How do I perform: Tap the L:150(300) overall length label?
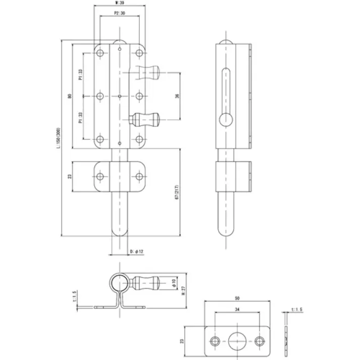click(x=59, y=138)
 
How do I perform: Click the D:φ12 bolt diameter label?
click(x=137, y=251)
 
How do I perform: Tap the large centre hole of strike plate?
click(x=237, y=340)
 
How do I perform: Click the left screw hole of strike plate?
click(x=216, y=340)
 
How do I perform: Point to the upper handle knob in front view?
click(x=150, y=73)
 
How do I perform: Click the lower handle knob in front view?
click(x=146, y=120)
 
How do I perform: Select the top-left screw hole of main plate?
click(x=100, y=52)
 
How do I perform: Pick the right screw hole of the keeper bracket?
click(x=139, y=177)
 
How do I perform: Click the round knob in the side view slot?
click(x=226, y=120)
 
